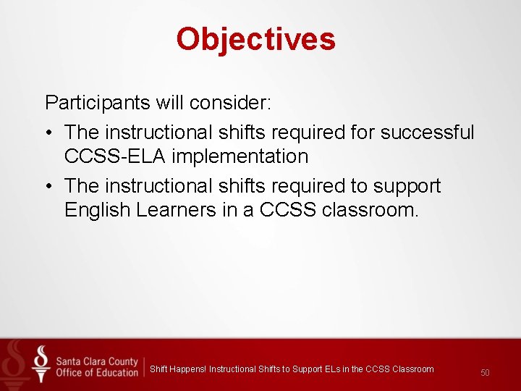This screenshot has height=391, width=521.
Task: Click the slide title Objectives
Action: click(255, 39)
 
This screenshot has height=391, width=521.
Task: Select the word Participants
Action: click(97, 103)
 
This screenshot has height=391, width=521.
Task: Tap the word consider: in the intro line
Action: click(231, 103)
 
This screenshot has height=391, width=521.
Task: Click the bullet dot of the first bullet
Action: click(50, 133)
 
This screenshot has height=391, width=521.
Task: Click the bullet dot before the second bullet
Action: click(50, 187)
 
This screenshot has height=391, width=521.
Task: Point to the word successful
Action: click(427, 133)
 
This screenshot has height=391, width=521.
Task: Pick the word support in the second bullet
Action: click(407, 187)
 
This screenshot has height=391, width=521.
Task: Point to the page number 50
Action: click(485, 372)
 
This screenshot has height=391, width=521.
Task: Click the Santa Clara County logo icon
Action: click(41, 364)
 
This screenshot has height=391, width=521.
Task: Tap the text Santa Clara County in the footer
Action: click(96, 359)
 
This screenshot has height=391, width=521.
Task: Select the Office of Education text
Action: click(96, 372)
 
